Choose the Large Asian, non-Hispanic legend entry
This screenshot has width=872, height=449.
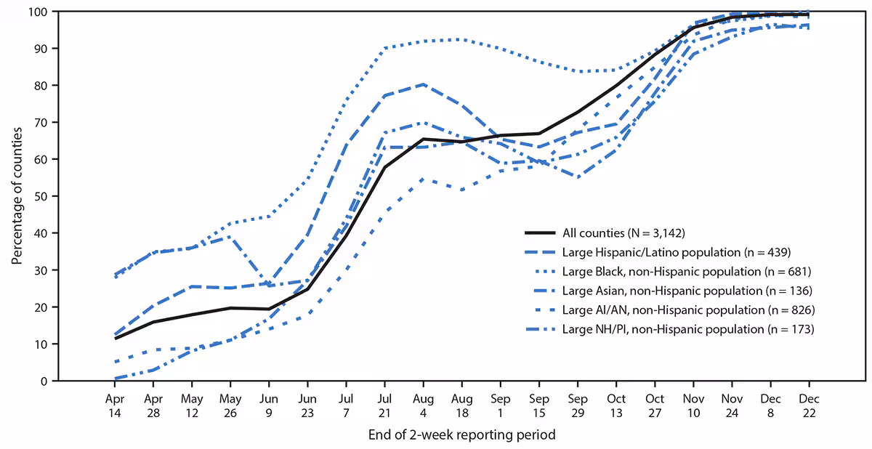point(677,291)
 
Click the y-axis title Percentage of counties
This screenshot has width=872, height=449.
point(16,196)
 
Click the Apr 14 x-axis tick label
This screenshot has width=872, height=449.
point(115,405)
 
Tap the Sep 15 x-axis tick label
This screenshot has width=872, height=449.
point(538,405)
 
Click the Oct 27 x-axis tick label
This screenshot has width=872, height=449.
point(655,405)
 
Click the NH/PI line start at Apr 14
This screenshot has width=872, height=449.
point(116,379)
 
